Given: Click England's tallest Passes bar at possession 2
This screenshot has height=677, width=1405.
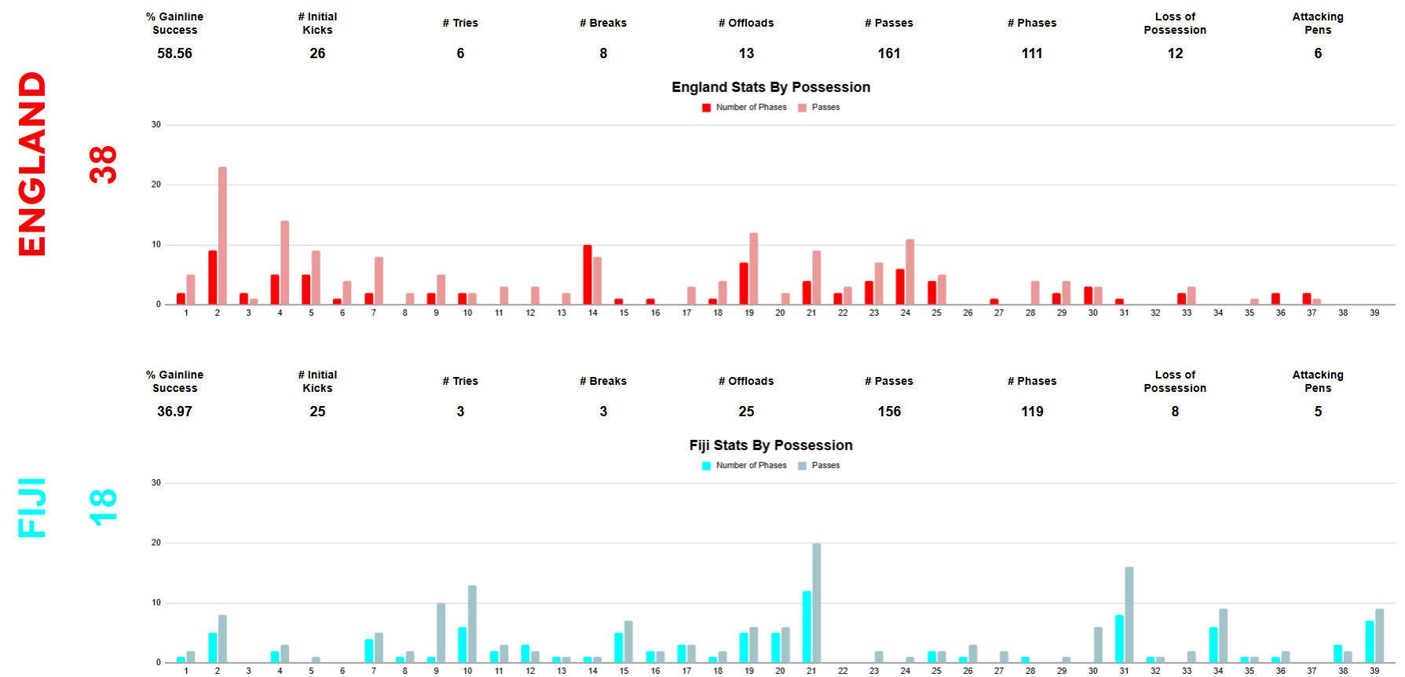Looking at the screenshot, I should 222,236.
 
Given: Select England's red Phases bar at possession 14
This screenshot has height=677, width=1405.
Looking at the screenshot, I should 587,275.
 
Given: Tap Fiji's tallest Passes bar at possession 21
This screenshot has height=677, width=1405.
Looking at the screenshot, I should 817,603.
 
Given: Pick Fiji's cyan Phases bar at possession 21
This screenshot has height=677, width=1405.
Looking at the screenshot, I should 807,627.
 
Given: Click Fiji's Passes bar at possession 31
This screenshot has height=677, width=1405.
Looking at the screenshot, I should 1129,615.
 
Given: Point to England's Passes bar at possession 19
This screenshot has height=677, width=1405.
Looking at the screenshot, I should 754,269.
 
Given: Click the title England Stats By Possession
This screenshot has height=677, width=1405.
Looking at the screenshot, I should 770,87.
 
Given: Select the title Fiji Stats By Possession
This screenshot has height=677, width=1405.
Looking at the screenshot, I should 770,445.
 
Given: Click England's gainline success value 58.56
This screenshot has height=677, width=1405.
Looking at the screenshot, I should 174,53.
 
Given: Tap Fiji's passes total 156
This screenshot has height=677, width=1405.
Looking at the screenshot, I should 889,412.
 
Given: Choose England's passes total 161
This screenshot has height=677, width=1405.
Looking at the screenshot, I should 889,53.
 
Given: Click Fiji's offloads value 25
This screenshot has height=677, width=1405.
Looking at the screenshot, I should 746,412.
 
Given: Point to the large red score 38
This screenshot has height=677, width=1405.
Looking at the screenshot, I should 103,165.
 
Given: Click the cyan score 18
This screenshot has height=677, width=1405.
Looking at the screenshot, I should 103,507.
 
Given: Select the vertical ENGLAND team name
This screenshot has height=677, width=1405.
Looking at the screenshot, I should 33,163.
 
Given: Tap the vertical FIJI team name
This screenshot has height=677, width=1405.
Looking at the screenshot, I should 33,507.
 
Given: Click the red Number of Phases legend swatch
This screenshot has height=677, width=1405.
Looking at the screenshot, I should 707,108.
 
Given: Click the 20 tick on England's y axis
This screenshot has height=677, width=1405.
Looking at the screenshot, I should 156,185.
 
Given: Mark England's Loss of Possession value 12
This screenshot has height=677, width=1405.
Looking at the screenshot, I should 1175,53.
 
